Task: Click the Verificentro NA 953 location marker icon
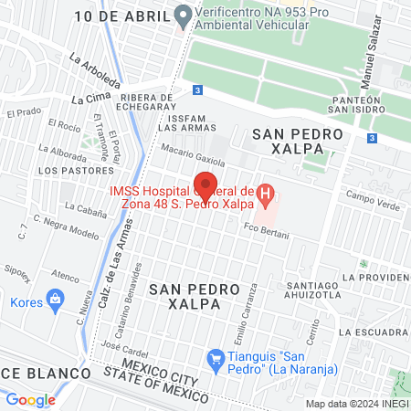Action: (183, 16)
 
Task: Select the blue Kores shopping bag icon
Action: (56, 298)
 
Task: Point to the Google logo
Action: (30, 399)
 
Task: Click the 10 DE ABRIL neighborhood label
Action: (122, 16)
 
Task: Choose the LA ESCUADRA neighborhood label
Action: (371, 332)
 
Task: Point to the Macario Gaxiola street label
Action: (193, 153)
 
